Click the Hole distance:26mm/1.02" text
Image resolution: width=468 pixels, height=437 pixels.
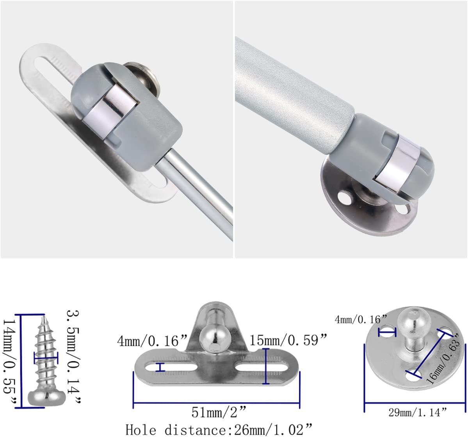[x=219, y=429]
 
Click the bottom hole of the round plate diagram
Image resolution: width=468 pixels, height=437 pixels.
[x=412, y=376]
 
